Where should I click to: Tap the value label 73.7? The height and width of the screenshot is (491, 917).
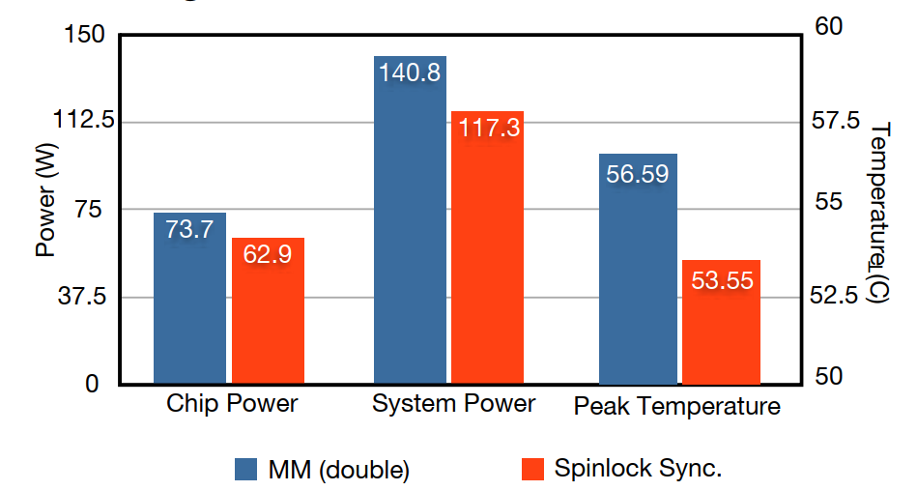click(x=189, y=229)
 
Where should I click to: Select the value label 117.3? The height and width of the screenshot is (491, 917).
click(x=488, y=128)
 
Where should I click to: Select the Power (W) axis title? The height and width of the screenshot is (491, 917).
click(x=44, y=208)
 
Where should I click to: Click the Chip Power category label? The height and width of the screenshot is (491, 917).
click(x=232, y=404)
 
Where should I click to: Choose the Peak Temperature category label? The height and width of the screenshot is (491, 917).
click(x=676, y=406)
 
